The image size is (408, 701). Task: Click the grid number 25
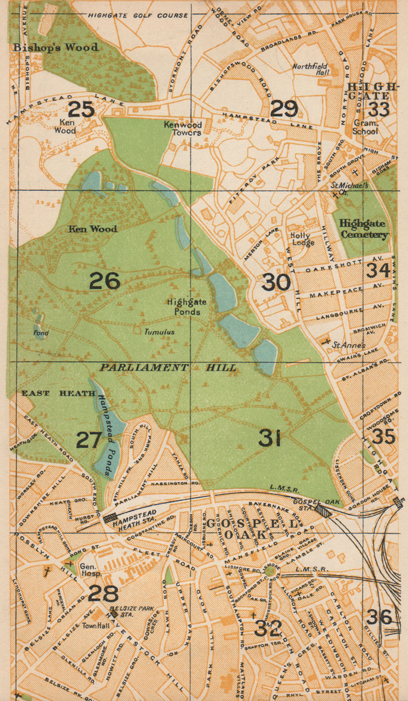pos(82,109)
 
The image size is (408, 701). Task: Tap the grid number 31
pos(269,438)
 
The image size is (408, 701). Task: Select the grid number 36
pos(379,617)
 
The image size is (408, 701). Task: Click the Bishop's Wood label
pos(56,47)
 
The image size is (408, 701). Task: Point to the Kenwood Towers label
pos(183,128)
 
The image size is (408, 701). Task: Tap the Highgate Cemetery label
pos(363,229)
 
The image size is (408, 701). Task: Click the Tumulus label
pos(160,332)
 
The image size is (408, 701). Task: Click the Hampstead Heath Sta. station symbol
pos(109,518)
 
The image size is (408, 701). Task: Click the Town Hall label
pos(96,626)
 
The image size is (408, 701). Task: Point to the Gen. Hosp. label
pos(91,570)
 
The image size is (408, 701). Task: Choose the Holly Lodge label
pos(302,239)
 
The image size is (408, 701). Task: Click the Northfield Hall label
pos(311,69)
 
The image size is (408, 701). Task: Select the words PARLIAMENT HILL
pos(168,368)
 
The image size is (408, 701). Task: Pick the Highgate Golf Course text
pos(138,15)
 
